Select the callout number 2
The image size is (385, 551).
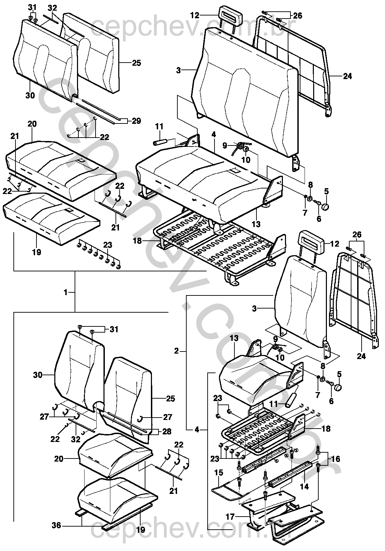click(x=177, y=351)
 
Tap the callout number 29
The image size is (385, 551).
click(x=136, y=121)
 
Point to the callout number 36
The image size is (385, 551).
click(x=56, y=525)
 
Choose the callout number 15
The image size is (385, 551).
click(x=219, y=473)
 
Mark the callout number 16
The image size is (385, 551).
click(x=335, y=459)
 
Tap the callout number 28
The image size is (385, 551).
click(x=167, y=431)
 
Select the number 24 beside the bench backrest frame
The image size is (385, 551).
click(x=348, y=76)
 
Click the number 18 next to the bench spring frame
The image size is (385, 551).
click(x=137, y=241)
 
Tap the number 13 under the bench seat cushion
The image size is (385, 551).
click(x=256, y=224)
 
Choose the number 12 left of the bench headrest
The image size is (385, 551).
click(x=195, y=15)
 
